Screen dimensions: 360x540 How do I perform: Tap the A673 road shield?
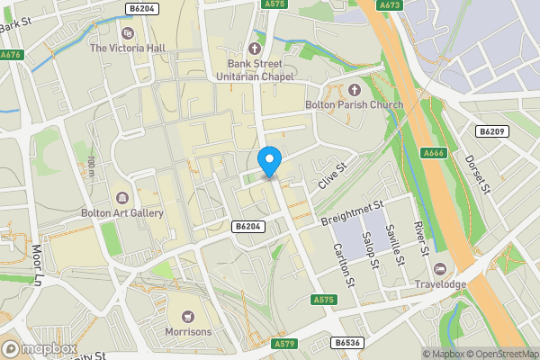tap(390, 5)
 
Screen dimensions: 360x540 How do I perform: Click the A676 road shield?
tap(11, 55)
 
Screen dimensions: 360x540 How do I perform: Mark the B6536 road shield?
tap(347, 342)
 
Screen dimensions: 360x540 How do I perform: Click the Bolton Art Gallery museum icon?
tap(121, 197)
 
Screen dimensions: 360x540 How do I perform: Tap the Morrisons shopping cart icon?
tap(187, 316)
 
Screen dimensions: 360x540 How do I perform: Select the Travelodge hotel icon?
tap(439, 269)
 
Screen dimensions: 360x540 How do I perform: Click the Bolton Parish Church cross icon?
tap(353, 89)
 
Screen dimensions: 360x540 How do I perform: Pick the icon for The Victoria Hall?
tap(126, 32)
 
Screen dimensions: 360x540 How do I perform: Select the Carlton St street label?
tap(340, 260)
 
